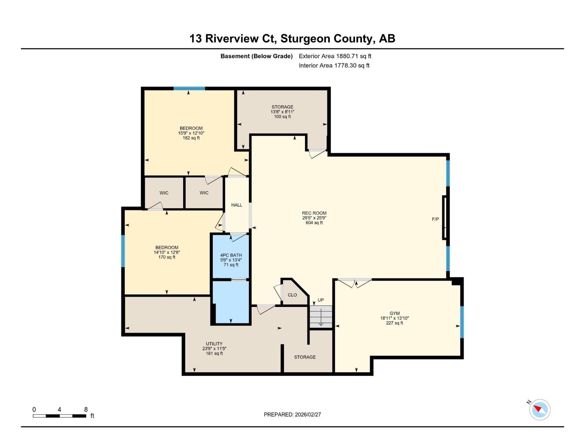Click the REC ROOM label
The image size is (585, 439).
click(314, 213)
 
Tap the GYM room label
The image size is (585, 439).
click(395, 313)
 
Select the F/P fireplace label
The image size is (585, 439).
click(435, 219)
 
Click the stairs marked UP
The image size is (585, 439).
click(321, 317)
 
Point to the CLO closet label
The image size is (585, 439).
click(292, 295)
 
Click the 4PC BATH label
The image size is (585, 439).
click(231, 255)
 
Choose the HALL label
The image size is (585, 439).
click(237, 205)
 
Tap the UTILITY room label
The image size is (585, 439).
click(214, 344)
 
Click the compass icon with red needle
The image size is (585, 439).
click(539, 409)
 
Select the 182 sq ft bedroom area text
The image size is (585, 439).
click(191, 138)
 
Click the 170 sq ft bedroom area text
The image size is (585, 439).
click(167, 257)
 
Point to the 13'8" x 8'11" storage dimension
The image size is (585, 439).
click(282, 112)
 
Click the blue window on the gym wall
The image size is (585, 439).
click(462, 322)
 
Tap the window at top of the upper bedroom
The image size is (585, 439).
click(189, 89)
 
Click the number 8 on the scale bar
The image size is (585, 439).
click(86, 409)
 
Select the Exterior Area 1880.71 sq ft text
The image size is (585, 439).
click(335, 56)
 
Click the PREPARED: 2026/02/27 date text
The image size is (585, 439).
click(292, 414)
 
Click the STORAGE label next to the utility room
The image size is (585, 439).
click(305, 357)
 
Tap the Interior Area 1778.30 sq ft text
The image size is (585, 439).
click(334, 65)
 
